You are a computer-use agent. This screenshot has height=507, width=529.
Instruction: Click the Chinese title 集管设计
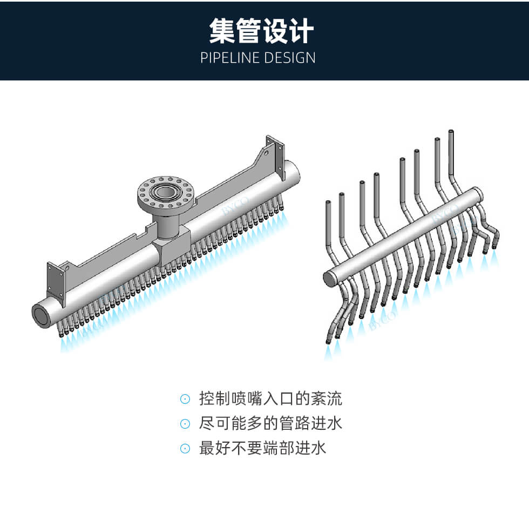click(261, 31)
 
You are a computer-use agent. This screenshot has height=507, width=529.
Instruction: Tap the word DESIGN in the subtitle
click(290, 58)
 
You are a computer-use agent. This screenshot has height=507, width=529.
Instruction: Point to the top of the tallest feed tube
click(451, 131)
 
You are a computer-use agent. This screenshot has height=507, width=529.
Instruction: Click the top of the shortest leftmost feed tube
click(328, 202)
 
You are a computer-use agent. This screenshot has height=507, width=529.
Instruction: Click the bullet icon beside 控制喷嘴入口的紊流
click(185, 399)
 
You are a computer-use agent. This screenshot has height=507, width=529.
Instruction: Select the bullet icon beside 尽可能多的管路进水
click(185, 424)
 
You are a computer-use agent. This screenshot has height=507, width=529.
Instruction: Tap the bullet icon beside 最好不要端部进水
click(185, 449)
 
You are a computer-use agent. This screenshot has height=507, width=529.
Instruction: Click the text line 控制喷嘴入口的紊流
click(270, 398)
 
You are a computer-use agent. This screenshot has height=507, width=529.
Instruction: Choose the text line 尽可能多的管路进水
click(270, 423)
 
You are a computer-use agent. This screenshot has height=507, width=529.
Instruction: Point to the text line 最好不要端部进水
click(262, 448)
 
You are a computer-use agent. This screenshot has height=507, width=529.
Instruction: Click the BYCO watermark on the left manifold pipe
click(235, 206)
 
